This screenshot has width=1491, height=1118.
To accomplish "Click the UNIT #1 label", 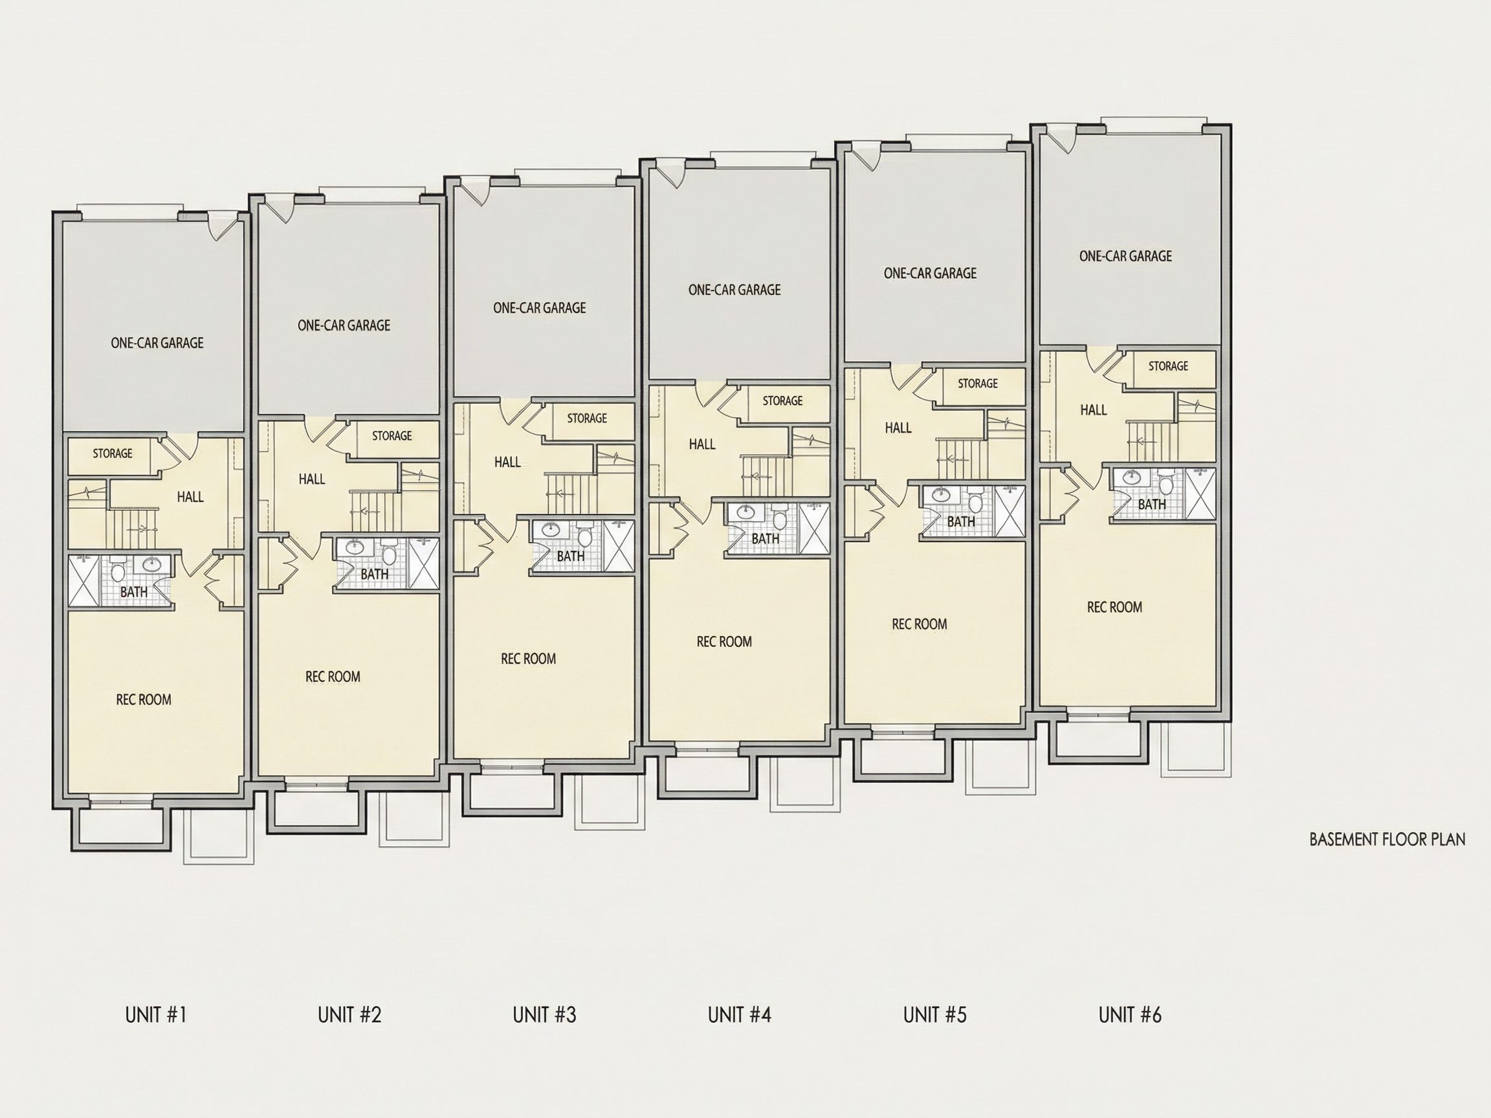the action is [156, 1015].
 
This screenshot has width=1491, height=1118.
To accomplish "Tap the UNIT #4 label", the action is [740, 1015].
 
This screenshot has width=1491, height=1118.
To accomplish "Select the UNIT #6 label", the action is [1131, 1015].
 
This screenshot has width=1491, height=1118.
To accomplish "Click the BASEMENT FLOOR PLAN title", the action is [1387, 840].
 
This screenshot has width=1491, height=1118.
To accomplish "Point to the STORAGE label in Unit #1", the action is [113, 454].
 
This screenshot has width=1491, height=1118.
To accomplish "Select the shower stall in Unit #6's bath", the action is [1200, 495].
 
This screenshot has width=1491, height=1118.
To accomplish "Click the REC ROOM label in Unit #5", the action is [920, 625].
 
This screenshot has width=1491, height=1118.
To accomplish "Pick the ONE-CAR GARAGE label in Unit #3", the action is [539, 308].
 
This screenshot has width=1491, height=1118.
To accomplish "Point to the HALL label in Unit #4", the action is [702, 444].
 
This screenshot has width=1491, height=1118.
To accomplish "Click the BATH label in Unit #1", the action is [134, 593].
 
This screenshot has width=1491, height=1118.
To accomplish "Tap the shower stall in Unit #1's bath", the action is [84, 581].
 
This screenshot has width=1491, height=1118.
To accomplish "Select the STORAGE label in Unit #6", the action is [1169, 366].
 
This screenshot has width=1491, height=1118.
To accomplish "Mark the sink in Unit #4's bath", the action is [745, 512].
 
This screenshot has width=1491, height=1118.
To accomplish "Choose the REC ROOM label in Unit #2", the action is [333, 677].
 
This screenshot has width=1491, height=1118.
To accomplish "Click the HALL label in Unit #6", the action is [1093, 410].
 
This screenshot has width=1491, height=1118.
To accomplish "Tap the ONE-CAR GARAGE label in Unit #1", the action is [157, 343].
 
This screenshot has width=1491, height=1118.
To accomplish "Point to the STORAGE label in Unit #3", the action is [587, 419].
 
